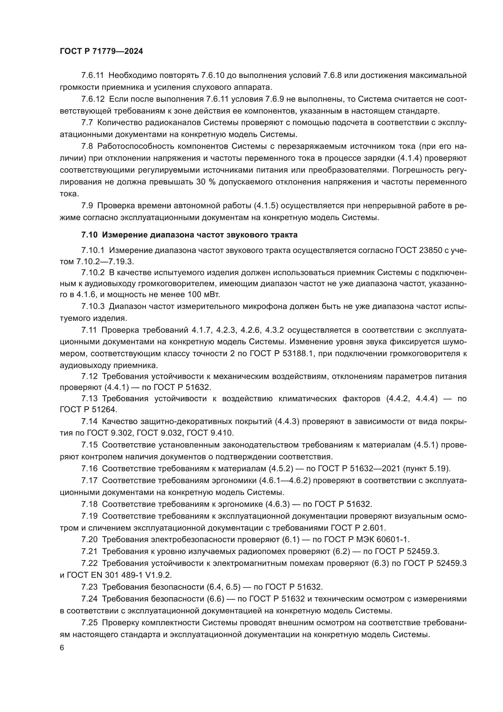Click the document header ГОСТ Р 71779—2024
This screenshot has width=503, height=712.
coord(101,51)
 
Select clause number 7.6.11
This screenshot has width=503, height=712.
coord(93,75)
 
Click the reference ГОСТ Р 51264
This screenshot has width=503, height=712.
coord(88,409)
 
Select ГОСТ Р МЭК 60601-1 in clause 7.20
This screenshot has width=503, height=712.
coord(367,539)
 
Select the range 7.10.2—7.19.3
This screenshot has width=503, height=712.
coord(105,261)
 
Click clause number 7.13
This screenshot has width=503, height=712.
coord(89,398)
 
